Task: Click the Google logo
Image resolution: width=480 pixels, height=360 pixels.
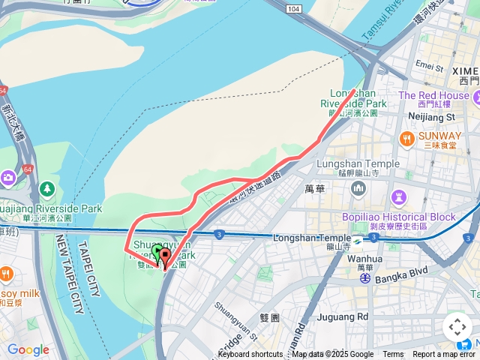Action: click(28, 349)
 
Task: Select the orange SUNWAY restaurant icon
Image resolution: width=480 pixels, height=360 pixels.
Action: click(407, 138)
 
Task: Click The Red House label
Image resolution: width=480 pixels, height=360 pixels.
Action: click(433, 95)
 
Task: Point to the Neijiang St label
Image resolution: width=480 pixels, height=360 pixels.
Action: click(430, 118)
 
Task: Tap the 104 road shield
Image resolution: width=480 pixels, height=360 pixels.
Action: click(293, 7)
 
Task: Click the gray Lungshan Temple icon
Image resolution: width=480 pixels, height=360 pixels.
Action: click(358, 187)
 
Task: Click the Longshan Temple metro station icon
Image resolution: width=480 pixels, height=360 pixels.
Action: click(358, 241)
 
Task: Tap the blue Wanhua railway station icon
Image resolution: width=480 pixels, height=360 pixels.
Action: click(364, 277)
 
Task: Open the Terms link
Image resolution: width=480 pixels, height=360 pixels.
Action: click(393, 355)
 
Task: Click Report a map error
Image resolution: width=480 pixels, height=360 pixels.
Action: click(444, 355)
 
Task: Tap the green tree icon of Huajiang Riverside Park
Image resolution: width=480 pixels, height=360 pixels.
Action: click(48, 187)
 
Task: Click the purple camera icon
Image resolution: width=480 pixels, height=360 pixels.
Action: click(8, 178)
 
